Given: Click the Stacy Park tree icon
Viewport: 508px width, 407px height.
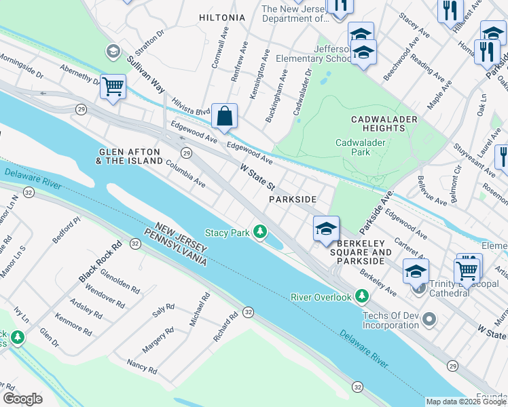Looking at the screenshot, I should (x=259, y=233).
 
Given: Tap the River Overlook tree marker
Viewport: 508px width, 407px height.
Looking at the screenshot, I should (x=362, y=296).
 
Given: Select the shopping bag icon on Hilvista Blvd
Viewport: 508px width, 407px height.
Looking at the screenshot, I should (x=224, y=116).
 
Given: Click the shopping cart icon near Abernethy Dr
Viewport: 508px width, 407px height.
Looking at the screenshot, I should (x=113, y=87).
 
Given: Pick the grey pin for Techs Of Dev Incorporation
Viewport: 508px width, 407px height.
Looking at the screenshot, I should (x=429, y=318).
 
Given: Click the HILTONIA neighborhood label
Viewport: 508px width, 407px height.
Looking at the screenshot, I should (x=222, y=18).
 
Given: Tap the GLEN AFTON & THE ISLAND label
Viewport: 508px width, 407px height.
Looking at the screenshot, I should (x=129, y=156).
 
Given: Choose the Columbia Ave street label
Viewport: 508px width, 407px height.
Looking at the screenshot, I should (x=185, y=178).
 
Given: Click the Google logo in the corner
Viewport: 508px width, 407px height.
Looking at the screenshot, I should (x=22, y=398).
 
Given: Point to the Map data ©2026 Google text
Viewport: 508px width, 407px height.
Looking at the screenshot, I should (x=466, y=402).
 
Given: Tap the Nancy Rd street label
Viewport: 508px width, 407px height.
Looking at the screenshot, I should (x=142, y=367).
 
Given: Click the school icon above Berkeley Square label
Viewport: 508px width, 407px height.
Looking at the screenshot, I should (x=326, y=229).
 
